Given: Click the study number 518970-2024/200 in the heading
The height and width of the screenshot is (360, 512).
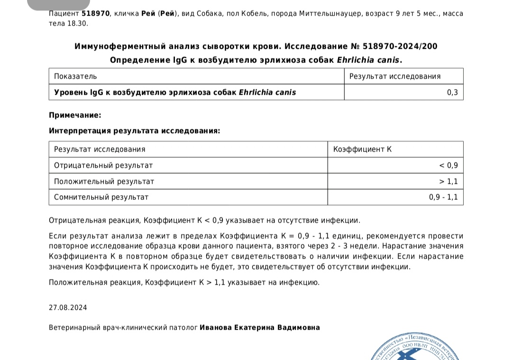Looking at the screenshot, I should click(x=400, y=46).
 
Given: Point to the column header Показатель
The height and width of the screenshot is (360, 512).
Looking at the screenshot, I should click(x=75, y=76).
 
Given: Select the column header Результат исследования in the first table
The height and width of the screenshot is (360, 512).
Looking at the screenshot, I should click(x=395, y=76).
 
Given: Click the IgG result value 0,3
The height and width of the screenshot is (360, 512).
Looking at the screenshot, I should click(x=452, y=92).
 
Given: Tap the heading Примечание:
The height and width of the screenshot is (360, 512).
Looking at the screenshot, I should click(x=75, y=115).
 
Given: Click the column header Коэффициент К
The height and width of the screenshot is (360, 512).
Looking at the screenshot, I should click(x=362, y=149).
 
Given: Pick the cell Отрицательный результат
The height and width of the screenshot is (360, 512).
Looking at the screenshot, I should click(x=103, y=165).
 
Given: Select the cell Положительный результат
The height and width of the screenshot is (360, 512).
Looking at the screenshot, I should click(x=104, y=181).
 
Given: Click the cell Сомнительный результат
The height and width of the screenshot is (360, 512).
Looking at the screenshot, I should click(x=101, y=197).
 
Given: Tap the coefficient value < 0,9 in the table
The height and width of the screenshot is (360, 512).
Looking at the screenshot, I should click(x=448, y=165).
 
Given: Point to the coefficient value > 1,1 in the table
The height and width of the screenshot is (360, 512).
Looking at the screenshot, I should click(x=448, y=181).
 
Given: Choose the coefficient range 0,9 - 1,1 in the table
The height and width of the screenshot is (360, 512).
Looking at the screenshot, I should click(x=443, y=197).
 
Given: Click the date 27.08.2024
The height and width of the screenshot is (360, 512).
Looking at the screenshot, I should click(x=68, y=307).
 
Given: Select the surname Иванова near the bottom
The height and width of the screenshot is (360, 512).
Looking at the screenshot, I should click(x=215, y=327).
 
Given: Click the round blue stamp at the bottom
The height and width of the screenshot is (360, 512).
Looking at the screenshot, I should click(x=417, y=348).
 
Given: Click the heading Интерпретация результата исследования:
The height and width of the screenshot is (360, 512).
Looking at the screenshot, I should click(x=134, y=131).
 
